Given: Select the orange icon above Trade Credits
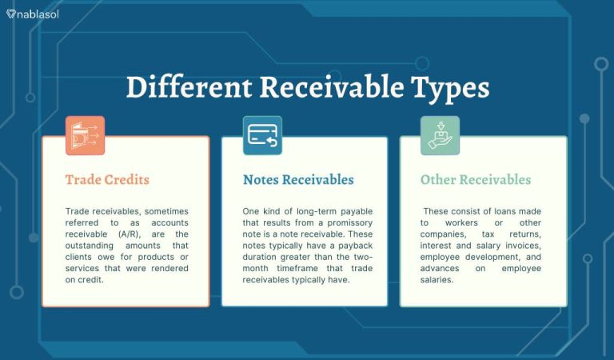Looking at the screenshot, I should [x=85, y=135].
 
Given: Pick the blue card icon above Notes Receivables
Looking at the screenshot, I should [x=262, y=135].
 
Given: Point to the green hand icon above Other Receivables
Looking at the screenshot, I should [x=441, y=135].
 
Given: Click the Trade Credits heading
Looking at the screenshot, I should [x=107, y=180].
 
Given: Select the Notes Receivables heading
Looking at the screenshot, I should [x=298, y=180].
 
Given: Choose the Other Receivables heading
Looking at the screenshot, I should [x=475, y=180].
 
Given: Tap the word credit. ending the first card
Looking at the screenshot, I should [x=91, y=280].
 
